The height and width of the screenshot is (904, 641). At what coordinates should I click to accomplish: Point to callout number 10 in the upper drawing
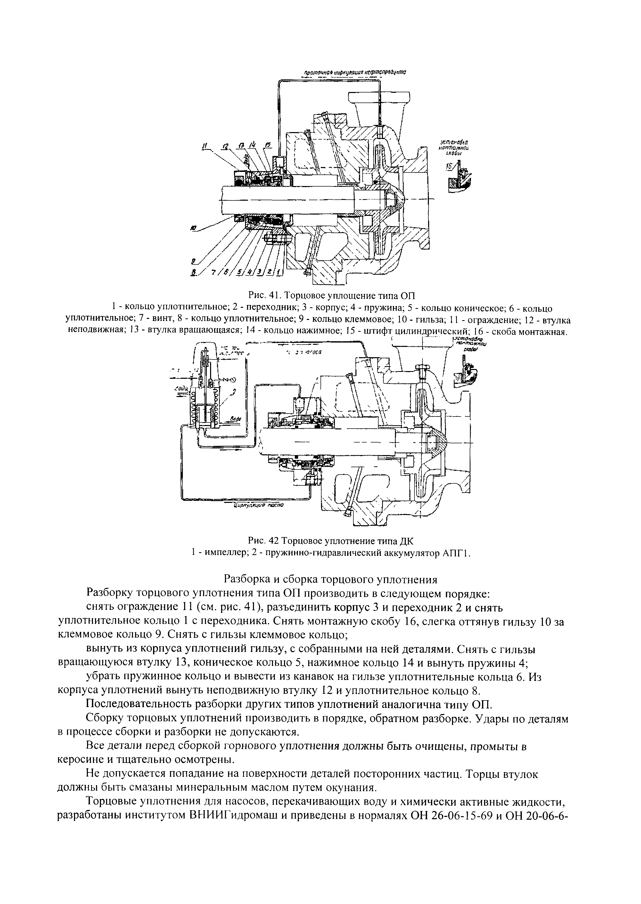[193, 228]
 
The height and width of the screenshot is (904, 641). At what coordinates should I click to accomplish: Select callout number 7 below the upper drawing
[213, 272]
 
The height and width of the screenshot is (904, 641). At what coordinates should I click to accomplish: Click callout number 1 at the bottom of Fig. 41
[279, 272]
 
